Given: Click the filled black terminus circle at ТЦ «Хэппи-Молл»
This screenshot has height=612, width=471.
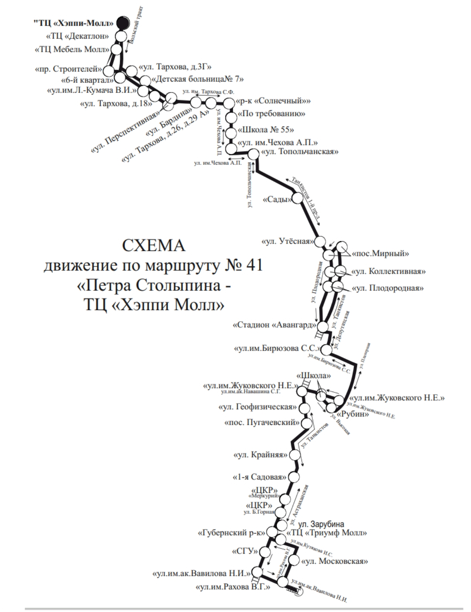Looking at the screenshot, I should click(x=123, y=23).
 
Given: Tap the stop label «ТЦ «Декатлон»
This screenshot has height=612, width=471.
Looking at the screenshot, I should click(x=77, y=36).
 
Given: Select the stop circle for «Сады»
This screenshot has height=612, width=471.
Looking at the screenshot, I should click(x=298, y=199).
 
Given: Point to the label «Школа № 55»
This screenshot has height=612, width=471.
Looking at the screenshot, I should click(x=266, y=129).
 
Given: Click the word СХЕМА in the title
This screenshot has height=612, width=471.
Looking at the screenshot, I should click(x=153, y=246).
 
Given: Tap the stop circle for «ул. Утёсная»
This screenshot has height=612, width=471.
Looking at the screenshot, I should click(x=320, y=242).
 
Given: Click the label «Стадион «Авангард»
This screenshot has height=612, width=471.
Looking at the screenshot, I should click(x=274, y=325).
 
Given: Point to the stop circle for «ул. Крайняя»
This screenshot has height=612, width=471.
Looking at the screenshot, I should click(x=295, y=455).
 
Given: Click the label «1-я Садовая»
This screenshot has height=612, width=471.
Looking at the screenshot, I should click(x=260, y=477).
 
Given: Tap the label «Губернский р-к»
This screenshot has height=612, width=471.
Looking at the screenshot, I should click(x=232, y=533).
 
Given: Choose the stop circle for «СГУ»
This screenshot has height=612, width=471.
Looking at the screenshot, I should click(x=265, y=551).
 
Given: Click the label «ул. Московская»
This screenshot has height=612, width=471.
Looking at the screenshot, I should click(x=334, y=561).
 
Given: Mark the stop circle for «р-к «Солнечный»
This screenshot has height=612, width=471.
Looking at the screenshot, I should click(x=229, y=103).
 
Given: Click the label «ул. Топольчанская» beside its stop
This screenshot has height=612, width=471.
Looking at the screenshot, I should click(x=300, y=152).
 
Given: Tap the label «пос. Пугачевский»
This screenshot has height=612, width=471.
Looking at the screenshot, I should click(x=262, y=423).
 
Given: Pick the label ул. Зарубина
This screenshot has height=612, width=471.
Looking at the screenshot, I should click(x=321, y=524).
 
